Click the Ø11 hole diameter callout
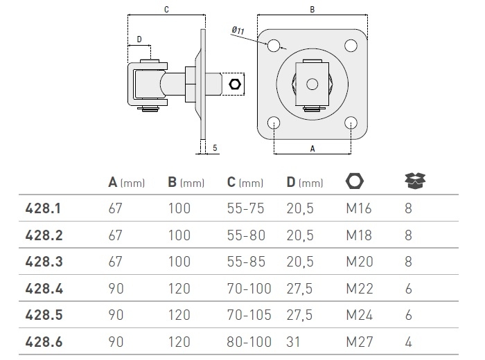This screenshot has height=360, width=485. pyautogui.click(x=237, y=30)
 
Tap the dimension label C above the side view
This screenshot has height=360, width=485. pyautogui.click(x=167, y=10)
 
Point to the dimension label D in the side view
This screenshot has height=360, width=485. pyautogui.click(x=139, y=39)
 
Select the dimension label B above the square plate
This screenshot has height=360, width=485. pyautogui.click(x=312, y=10)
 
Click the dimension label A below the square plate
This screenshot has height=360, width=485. pyautogui.click(x=312, y=148)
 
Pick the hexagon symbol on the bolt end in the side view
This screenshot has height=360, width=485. pyautogui.click(x=234, y=84)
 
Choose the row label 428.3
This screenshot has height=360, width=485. pyautogui.click(x=44, y=262)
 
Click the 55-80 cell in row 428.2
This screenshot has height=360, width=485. pyautogui.click(x=247, y=235)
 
